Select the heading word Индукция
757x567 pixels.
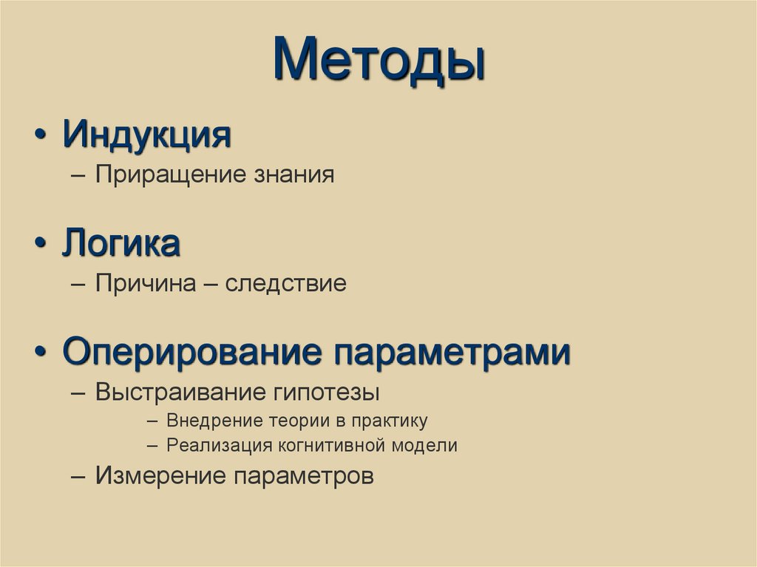pyautogui.click(x=147, y=135)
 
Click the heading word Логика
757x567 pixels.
pyautogui.click(x=121, y=244)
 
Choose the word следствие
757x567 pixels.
pyautogui.click(x=285, y=284)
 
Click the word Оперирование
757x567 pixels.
pyautogui.click(x=192, y=352)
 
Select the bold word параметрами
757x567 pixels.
pyautogui.click(x=451, y=352)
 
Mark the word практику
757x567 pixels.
pyautogui.click(x=390, y=421)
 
